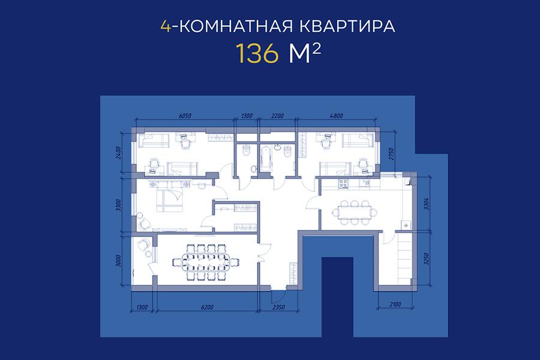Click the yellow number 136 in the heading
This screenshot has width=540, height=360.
(257, 54)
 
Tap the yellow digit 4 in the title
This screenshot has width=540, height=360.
(166, 26)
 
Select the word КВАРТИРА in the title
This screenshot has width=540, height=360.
(347, 26)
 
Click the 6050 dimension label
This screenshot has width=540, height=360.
(185, 116)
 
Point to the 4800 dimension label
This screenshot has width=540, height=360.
(337, 116)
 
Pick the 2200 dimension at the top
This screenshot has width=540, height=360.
(278, 116)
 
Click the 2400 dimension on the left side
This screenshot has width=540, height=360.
(119, 152)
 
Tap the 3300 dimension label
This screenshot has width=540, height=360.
(119, 205)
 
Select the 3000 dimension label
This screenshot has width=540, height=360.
(119, 261)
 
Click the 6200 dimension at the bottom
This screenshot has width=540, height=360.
(207, 307)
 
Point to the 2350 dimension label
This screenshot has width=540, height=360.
(278, 307)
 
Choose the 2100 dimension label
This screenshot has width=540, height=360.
(395, 305)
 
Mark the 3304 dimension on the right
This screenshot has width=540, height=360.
(427, 204)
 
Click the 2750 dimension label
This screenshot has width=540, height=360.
(391, 155)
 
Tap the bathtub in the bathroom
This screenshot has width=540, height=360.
(266, 158)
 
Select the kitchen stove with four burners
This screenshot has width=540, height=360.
(344, 184)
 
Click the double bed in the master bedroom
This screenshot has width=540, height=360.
(169, 200)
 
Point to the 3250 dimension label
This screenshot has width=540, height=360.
(427, 259)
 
